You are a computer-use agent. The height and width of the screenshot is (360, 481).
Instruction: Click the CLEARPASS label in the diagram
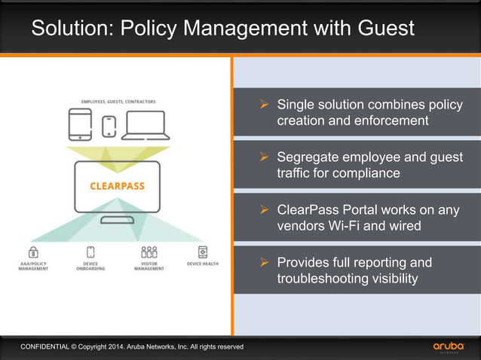(117, 185)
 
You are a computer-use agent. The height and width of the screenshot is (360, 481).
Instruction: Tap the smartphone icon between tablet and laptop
(110, 125)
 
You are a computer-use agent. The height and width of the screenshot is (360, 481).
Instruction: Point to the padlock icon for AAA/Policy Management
(33, 252)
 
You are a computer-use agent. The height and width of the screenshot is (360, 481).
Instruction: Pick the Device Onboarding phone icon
(90, 252)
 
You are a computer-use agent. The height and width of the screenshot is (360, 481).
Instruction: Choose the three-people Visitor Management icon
(149, 252)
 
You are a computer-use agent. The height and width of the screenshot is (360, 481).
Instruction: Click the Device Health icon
(203, 252)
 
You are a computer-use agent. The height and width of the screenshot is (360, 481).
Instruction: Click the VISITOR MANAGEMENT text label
(149, 266)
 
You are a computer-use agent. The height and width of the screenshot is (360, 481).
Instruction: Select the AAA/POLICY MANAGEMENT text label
(33, 266)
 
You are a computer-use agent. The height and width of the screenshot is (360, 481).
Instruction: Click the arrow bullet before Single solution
(264, 105)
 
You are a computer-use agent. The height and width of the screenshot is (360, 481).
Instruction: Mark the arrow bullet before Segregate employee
(264, 157)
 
